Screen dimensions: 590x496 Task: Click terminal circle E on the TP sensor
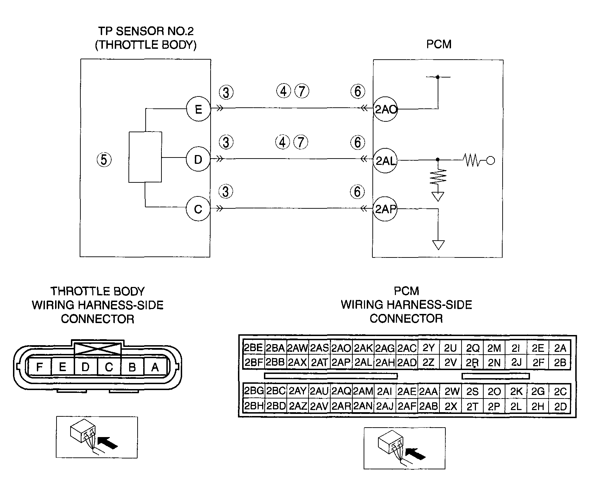point(198,109)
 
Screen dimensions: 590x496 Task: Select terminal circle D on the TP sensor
point(198,160)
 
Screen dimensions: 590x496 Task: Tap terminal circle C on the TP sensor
point(198,209)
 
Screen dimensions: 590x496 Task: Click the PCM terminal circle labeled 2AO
point(385,109)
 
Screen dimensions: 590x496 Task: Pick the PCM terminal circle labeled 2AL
point(385,161)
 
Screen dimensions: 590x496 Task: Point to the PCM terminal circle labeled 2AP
point(385,209)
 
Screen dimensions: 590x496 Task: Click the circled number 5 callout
point(104,160)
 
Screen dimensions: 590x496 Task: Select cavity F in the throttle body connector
point(40,367)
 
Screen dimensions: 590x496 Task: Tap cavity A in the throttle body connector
point(155,367)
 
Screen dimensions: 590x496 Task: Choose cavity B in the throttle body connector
point(132,367)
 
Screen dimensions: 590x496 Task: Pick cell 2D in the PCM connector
point(560,407)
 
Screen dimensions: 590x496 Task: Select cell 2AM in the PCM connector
point(363,391)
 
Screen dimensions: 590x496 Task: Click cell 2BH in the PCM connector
point(253,407)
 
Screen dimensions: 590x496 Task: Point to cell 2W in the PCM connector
point(451,391)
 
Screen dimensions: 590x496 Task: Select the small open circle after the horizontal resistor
point(491,161)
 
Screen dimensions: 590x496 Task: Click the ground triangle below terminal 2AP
point(438,244)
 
